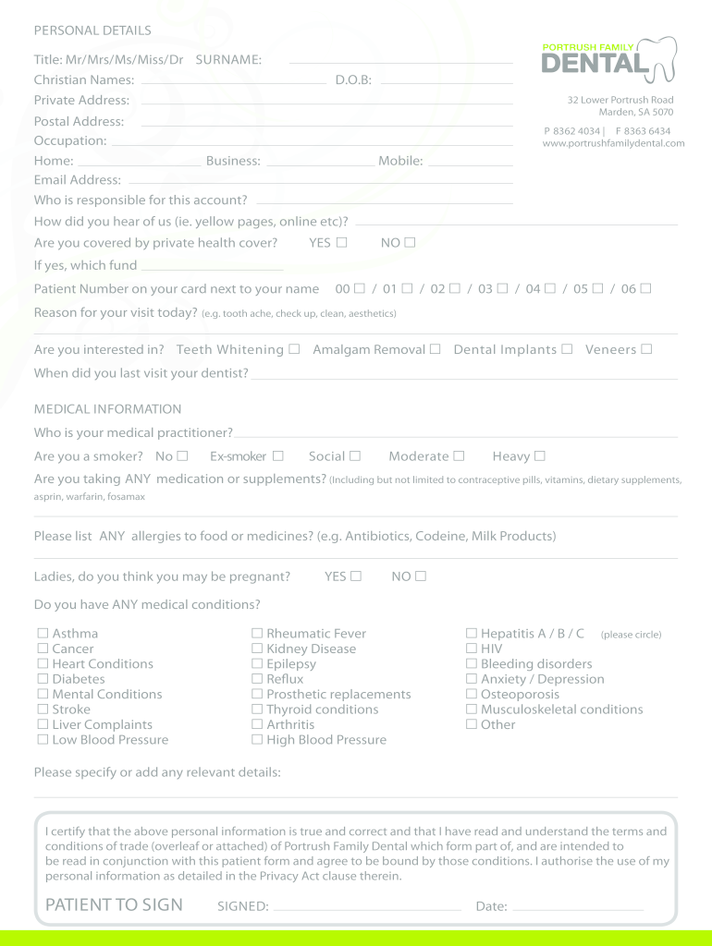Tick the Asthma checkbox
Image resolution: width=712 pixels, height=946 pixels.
tap(43, 634)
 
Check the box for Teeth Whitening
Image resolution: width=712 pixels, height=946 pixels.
tap(294, 349)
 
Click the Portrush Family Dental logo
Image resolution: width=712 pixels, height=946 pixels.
tap(608, 58)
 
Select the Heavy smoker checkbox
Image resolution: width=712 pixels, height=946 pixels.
tap(540, 456)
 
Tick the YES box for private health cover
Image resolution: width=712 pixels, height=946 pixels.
tap(342, 243)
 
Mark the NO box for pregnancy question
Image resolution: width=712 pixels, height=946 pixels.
tap(421, 576)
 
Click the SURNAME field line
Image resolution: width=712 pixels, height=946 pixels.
tap(400, 61)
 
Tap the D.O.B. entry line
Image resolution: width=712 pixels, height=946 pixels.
tap(446, 82)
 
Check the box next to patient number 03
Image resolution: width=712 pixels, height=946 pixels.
tap(502, 289)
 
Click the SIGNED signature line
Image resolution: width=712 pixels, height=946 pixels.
tap(366, 909)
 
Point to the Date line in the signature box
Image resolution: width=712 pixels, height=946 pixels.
tap(578, 909)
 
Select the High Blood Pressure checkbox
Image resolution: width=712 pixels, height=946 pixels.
tap(257, 740)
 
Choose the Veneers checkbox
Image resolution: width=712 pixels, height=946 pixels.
tap(646, 349)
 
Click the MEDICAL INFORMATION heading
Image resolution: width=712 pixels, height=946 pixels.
tap(107, 409)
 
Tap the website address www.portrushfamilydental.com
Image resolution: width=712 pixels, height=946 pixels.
tap(613, 144)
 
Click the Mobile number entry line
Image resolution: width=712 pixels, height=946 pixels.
tap(470, 164)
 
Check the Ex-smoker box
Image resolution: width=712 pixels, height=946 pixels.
tap(277, 456)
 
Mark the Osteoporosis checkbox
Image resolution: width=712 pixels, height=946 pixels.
tap(472, 695)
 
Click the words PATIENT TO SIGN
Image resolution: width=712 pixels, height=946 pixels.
tap(114, 905)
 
